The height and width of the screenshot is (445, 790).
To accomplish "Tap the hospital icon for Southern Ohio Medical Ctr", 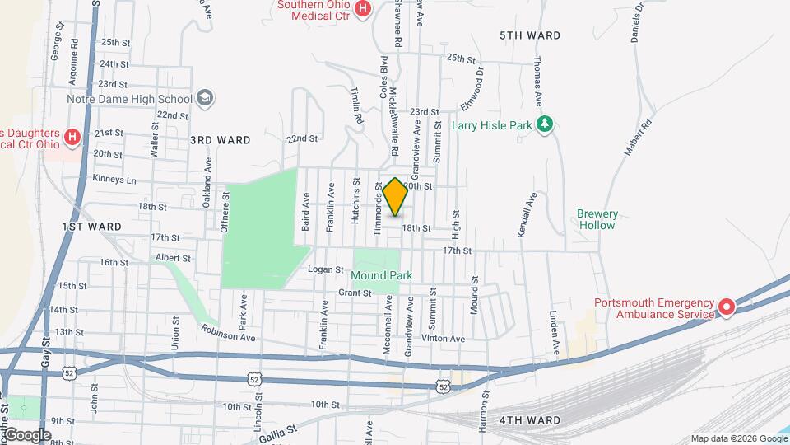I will [363, 9].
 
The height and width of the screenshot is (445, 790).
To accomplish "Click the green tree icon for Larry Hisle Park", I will [543, 124].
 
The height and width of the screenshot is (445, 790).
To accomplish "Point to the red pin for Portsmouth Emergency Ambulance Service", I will [726, 307].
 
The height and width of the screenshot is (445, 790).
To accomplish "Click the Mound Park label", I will [381, 275].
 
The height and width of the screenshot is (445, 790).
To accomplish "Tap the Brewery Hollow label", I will [597, 219].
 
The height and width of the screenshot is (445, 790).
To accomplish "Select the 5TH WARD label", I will [531, 35].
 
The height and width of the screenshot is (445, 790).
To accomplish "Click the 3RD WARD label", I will [220, 140].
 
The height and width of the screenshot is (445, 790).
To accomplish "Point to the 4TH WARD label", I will [530, 420].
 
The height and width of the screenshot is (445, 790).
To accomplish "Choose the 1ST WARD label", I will [91, 226].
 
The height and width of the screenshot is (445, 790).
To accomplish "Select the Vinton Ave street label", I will [443, 339].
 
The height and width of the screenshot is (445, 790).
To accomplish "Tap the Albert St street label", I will [173, 258].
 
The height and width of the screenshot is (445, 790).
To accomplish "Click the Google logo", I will [28, 434].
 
